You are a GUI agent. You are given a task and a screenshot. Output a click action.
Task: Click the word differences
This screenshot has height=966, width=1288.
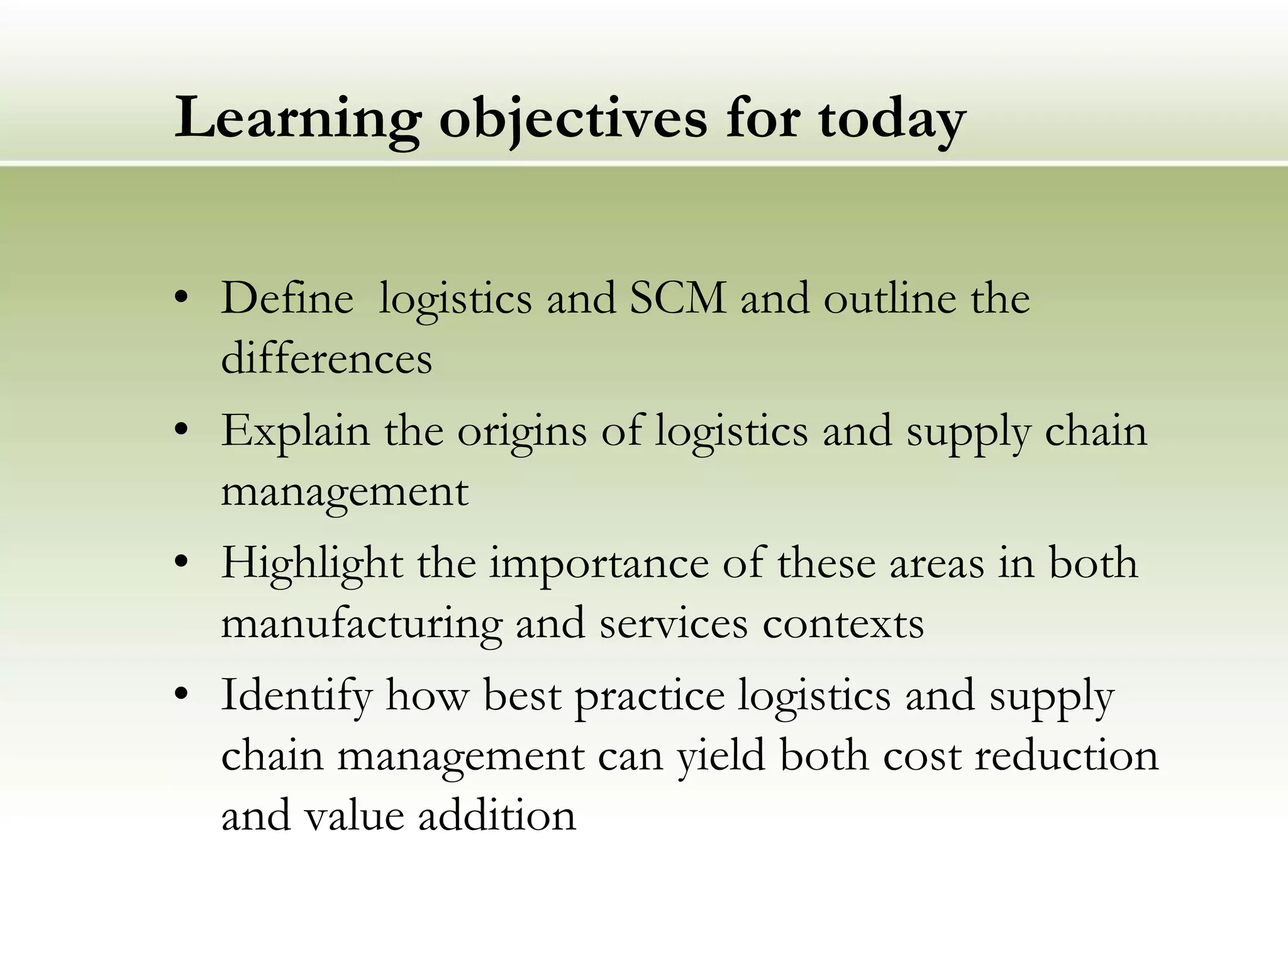326,358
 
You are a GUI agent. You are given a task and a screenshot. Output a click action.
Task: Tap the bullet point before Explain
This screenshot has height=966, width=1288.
182,431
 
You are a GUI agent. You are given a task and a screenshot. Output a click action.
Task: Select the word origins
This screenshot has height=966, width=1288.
521,433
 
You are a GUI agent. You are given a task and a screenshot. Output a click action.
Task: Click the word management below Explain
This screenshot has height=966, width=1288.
345,492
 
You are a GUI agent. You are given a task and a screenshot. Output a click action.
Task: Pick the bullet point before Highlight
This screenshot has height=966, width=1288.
182,563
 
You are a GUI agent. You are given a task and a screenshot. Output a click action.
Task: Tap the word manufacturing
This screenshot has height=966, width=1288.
362,624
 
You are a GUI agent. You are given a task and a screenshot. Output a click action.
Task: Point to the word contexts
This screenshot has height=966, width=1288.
843,624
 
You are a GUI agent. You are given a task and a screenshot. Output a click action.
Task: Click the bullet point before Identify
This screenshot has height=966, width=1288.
182,695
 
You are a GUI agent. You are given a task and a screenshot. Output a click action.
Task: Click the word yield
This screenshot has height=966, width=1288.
721,756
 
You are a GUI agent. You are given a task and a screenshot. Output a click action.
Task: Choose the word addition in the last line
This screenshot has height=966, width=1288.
497,816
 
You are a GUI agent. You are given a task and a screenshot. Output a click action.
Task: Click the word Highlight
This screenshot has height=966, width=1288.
312,563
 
